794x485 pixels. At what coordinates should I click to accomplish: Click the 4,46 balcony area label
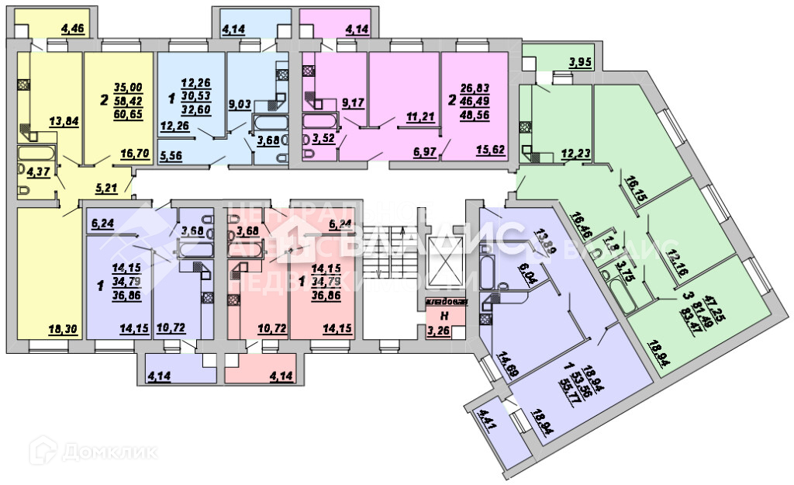pos(74,30)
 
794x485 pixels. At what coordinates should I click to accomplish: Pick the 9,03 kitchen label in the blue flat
pos(236,121)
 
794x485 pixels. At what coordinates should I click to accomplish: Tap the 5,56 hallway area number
pos(171,155)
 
